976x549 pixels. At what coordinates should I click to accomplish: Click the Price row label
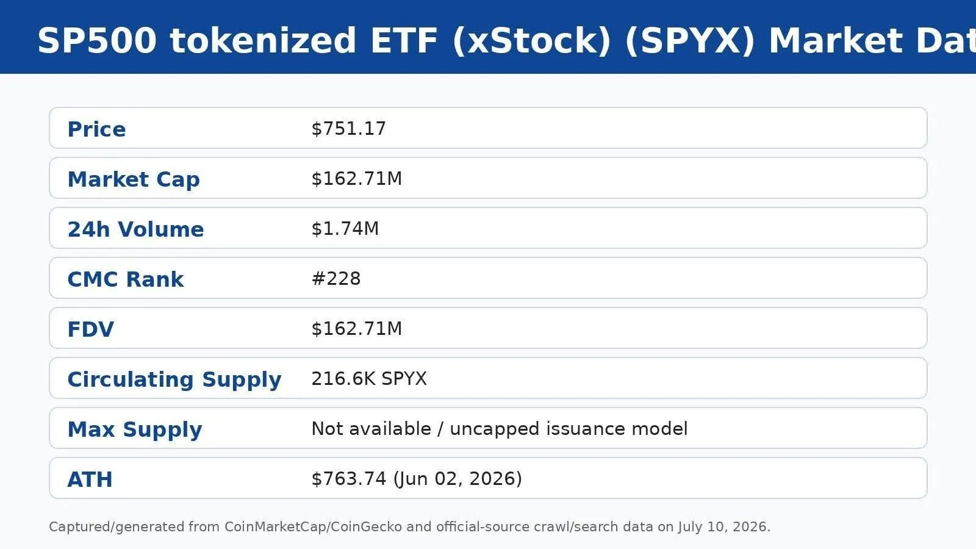coord(97,129)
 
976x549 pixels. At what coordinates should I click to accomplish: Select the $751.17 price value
coord(348,129)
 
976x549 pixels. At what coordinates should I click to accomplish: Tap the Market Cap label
coord(134,179)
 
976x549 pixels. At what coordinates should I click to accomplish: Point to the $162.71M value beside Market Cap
coord(356,179)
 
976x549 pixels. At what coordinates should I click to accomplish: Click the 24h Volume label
coord(135,229)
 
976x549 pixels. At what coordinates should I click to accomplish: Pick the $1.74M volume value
coord(345,229)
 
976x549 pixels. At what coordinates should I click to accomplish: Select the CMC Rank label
coord(126,279)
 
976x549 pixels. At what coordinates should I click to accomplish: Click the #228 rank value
coord(336,279)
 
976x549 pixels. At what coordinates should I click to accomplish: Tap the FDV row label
coord(91,329)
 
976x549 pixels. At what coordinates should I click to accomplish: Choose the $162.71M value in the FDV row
coord(356,329)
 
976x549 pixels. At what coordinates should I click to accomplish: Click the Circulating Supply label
coord(174,380)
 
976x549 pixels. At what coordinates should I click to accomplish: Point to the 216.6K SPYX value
coord(369,379)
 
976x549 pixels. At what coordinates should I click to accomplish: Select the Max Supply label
coord(135,430)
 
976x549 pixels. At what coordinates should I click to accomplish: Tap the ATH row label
coord(90,479)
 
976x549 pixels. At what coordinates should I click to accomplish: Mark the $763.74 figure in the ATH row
coord(348,479)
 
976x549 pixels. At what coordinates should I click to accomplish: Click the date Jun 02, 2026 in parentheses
coord(457,479)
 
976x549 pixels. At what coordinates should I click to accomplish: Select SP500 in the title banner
coord(97,40)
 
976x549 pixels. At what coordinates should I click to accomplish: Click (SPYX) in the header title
coord(690,41)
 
